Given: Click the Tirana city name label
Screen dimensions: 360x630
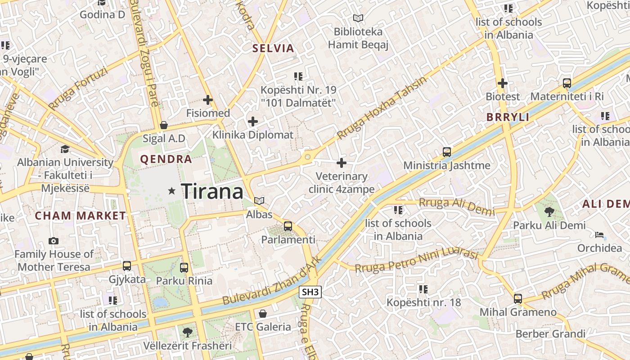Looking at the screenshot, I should (212, 192).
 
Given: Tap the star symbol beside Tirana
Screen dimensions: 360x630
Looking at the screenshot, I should (171, 191).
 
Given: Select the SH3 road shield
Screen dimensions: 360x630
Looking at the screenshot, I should (310, 292).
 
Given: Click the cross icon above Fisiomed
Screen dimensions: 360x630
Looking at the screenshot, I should (208, 100).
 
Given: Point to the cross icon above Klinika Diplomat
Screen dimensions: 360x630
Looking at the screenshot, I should (253, 121).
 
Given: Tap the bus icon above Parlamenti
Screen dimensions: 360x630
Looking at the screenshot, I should (288, 226).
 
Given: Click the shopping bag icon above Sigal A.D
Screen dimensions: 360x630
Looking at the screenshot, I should (164, 125).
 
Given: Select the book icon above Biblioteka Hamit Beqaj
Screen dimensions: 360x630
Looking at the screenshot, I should (358, 18).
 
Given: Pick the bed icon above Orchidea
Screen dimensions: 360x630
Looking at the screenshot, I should (599, 234).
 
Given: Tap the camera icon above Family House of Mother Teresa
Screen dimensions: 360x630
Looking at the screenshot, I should (54, 241).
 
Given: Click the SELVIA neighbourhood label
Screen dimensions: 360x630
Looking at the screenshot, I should (273, 48).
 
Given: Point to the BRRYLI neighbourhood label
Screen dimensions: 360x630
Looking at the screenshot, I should (508, 117).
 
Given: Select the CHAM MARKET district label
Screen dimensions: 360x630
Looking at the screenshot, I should (81, 216).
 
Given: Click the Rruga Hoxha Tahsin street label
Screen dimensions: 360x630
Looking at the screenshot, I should (382, 108).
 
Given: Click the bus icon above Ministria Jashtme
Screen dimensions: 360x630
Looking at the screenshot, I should (446, 152).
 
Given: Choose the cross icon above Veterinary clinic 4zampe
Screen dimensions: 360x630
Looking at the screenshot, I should (342, 162).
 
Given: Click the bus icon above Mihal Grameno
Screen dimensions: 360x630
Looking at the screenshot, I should (518, 298).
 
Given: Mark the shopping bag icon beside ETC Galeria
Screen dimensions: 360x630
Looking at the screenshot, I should (263, 313).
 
